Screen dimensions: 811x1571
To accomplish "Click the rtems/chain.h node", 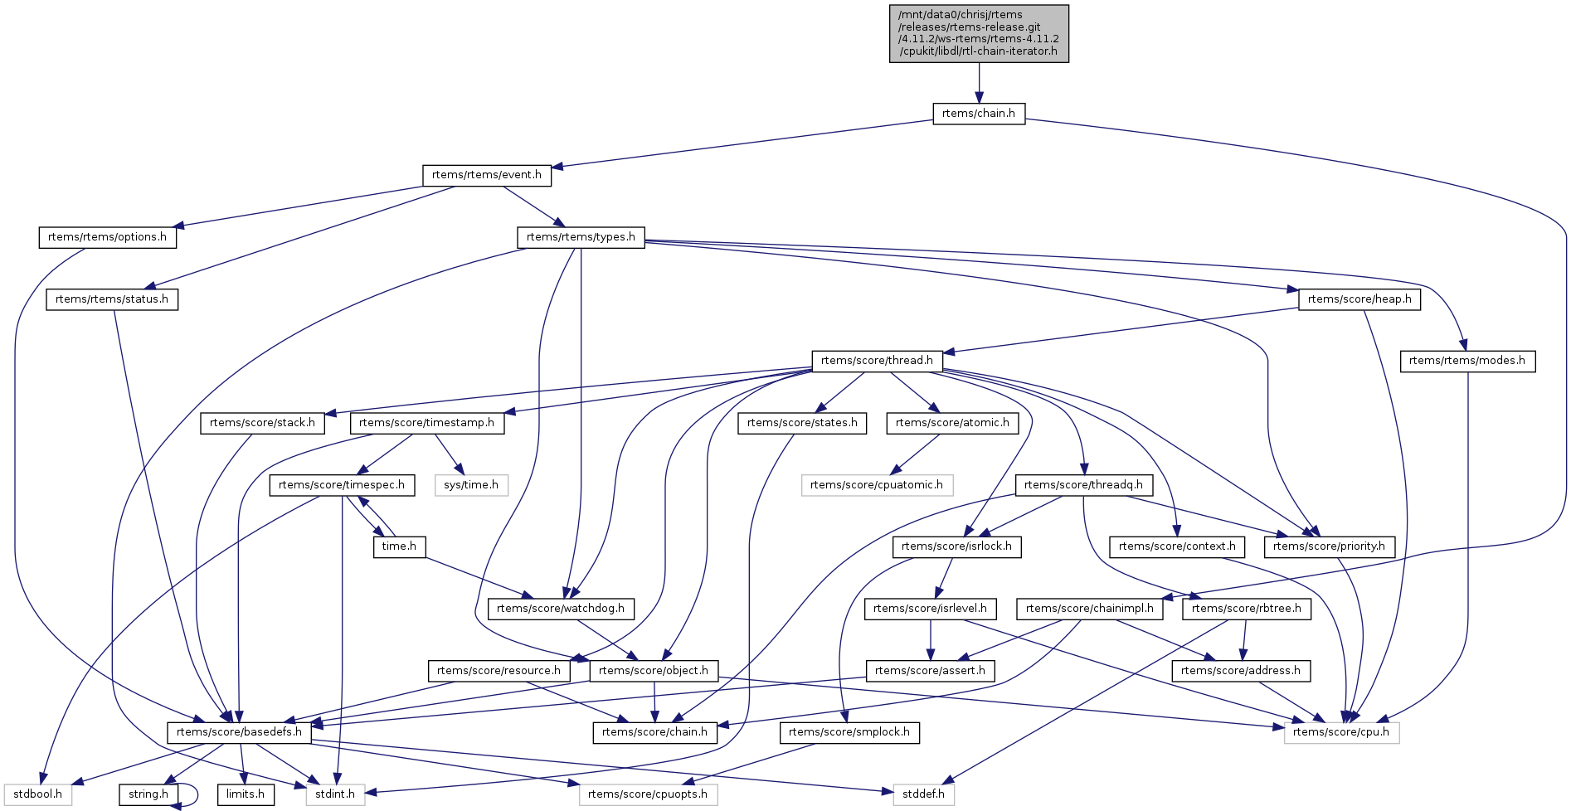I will (979, 114).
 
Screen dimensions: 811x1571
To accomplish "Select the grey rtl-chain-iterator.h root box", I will (979, 33).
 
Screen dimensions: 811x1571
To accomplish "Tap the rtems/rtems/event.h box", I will (486, 175).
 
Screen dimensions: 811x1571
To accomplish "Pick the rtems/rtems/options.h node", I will (107, 237).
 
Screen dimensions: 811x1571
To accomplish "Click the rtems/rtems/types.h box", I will (581, 237).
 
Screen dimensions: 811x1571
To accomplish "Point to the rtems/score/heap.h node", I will (1359, 299).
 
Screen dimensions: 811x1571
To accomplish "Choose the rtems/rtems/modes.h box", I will (1467, 361).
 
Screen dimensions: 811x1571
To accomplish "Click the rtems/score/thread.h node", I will (877, 361).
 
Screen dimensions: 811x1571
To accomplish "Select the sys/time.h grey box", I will (470, 485).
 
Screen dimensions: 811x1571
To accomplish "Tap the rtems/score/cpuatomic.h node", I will (877, 485).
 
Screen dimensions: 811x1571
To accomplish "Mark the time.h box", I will (399, 546).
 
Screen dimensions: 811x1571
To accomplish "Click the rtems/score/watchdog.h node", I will (561, 609).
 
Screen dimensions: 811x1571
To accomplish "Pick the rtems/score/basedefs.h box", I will (239, 732).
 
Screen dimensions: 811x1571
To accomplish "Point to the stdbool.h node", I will (37, 794).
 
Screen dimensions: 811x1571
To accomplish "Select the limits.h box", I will (246, 794).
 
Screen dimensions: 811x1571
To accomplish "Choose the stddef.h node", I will (923, 794).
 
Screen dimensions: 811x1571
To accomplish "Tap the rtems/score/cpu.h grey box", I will (1341, 732).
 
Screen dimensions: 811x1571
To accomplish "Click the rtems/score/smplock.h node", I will (849, 732).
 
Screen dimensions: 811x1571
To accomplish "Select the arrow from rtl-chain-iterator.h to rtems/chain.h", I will (979, 83).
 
